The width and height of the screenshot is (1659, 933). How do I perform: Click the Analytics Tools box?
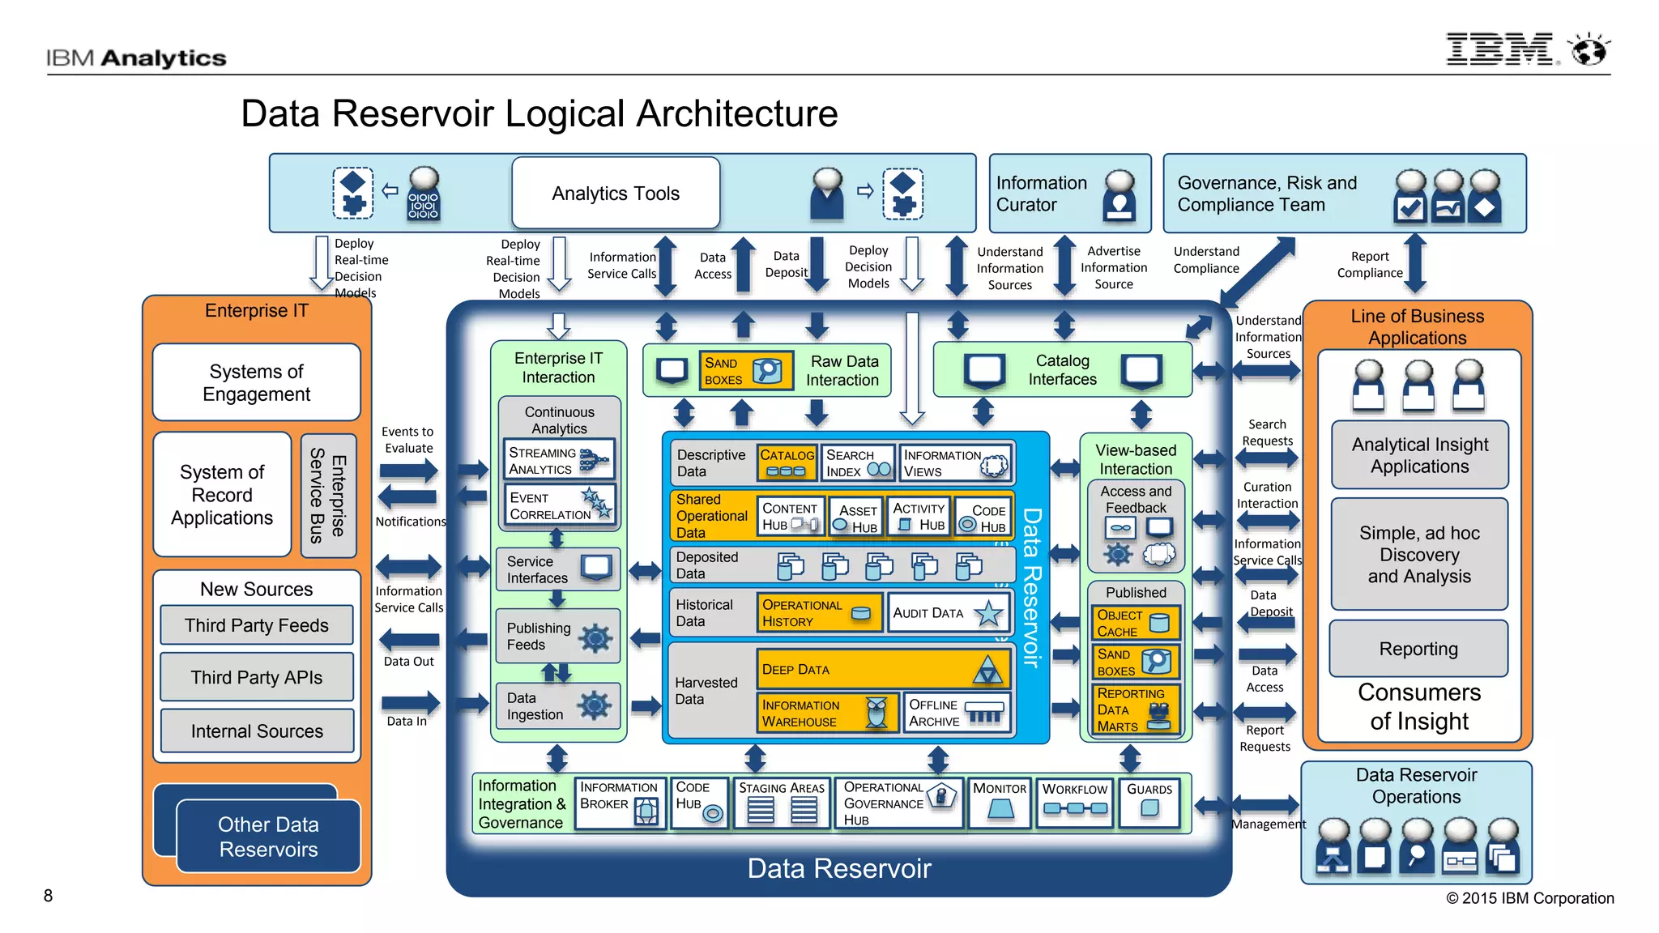click(616, 194)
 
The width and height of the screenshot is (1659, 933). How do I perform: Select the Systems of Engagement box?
click(256, 382)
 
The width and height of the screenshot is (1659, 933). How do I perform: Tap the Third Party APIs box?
click(256, 677)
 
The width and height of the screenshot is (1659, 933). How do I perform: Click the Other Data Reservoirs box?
click(268, 837)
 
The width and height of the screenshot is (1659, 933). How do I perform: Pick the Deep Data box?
click(882, 670)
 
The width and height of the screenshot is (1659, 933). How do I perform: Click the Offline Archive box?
click(957, 713)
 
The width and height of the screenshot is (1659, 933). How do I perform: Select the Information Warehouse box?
click(826, 713)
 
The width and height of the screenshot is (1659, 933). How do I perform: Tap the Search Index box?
click(857, 463)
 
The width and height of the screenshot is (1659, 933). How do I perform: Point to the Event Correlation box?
click(559, 505)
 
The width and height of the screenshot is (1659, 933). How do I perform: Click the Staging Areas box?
click(781, 803)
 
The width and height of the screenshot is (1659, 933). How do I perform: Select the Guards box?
click(1149, 801)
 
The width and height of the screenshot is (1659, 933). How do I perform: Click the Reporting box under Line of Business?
click(1418, 649)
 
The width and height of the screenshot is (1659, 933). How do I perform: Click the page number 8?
click(49, 896)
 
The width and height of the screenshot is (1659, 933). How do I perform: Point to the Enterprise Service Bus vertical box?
click(328, 496)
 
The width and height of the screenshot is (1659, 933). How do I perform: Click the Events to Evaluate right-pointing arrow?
click(409, 471)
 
